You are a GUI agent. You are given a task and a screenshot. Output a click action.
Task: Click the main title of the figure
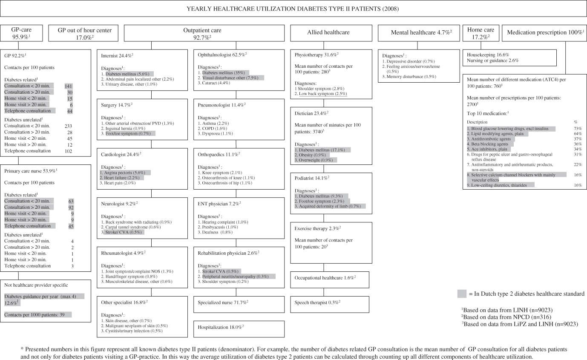(x=293, y=9)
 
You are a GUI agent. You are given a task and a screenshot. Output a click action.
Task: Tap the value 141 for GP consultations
(x=68, y=86)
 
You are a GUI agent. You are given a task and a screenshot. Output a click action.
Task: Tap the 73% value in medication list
(x=578, y=128)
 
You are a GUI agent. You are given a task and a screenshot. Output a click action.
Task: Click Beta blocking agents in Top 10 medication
(x=486, y=144)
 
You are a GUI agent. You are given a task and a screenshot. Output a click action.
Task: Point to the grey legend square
(x=462, y=294)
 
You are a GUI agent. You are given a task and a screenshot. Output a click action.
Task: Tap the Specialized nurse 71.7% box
(x=223, y=302)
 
